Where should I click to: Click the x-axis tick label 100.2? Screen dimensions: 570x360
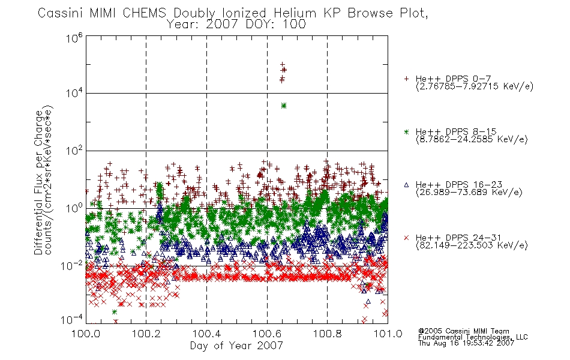tap(146, 334)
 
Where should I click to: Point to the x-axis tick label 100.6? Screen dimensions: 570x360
tap(267, 334)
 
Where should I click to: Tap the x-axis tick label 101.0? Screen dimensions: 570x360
tap(388, 334)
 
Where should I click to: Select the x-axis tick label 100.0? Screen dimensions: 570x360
tap(86, 334)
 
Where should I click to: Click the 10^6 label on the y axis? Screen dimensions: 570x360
tap(74, 37)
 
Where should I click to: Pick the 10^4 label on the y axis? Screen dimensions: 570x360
tap(74, 93)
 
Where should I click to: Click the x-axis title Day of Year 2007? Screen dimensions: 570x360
tap(236, 346)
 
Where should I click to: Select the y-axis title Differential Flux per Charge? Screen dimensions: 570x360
tap(38, 182)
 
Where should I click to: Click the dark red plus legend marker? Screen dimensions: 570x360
tap(406, 79)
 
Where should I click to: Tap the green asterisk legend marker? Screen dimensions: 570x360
tap(406, 131)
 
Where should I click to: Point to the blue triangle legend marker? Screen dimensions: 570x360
tap(406, 185)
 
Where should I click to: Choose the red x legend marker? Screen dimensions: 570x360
tap(406, 238)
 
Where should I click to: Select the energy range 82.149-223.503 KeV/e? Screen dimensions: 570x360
tap(472, 245)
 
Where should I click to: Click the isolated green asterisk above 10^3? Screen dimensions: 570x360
tap(284, 106)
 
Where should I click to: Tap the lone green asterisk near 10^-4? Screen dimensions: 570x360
tap(115, 312)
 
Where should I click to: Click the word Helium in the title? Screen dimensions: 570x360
tap(295, 13)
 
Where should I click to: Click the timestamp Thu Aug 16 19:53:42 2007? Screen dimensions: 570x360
tap(466, 343)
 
